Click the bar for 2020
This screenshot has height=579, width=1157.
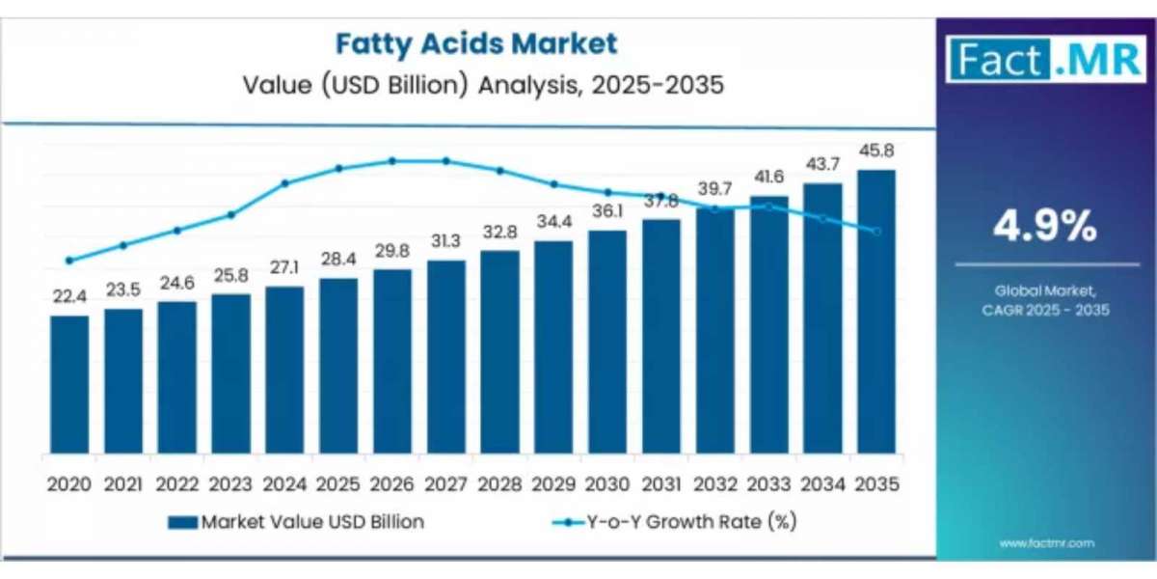pos(69,384)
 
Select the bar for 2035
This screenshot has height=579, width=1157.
pos(875,311)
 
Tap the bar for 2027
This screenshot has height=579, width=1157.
pos(445,357)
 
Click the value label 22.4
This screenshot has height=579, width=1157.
pos(69,297)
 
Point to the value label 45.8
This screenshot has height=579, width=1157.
pos(875,152)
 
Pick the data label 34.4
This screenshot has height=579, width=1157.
pos(553,222)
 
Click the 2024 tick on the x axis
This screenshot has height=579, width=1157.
pos(284,483)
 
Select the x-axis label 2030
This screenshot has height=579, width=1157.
pos(607,483)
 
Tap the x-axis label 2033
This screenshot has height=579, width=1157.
pos(768,483)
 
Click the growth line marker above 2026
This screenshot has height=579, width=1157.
pos(392,161)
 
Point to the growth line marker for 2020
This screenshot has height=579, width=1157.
pos(69,261)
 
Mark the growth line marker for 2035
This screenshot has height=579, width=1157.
pos(875,232)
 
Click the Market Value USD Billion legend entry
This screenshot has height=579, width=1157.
pos(295,522)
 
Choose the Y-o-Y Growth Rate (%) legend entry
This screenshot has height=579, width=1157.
pos(674,522)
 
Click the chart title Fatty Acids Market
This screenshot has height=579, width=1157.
pos(475,43)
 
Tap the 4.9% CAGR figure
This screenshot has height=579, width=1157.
pos(1046,227)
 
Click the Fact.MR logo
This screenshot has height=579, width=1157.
pos(1045,59)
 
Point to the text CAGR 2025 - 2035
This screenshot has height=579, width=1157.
pos(1046,310)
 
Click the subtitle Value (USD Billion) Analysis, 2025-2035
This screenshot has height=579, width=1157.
pos(475,85)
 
